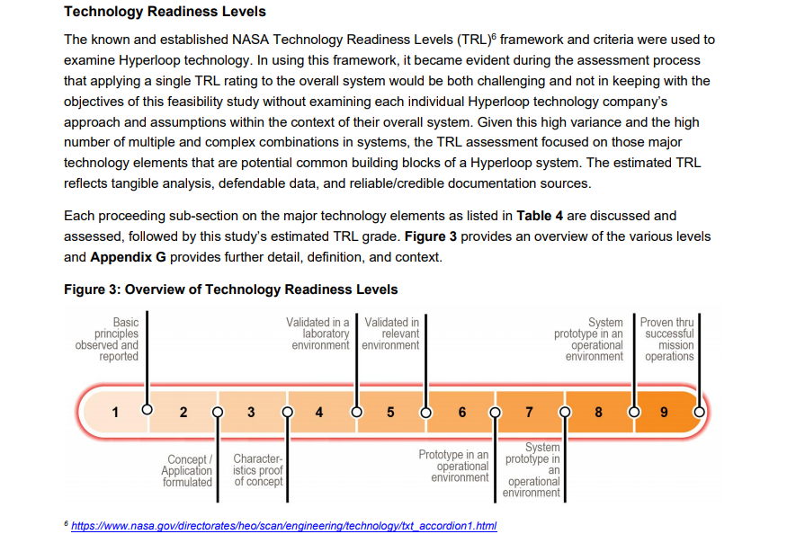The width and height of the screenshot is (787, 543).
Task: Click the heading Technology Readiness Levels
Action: click(165, 13)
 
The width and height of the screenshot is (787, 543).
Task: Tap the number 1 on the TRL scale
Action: click(115, 413)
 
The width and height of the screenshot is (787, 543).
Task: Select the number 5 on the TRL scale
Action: click(390, 413)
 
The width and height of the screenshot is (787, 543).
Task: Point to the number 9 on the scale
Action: click(664, 413)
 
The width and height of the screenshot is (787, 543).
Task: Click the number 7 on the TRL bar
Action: click(529, 413)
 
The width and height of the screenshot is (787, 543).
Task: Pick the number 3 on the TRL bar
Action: click(251, 413)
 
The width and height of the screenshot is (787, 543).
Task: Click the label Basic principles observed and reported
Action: click(107, 339)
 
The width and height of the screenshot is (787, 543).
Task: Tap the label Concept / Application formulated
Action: click(187, 471)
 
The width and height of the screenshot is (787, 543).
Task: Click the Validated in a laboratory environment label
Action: click(317, 334)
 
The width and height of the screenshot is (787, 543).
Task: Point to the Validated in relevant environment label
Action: click(391, 334)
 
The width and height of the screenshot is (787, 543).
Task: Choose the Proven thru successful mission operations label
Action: click(668, 339)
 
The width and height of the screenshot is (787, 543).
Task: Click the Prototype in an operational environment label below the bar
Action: click(454, 466)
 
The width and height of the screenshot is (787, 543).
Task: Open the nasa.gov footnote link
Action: click(283, 526)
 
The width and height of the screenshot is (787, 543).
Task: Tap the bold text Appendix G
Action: click(128, 257)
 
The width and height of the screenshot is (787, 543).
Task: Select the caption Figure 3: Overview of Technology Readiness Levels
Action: click(231, 289)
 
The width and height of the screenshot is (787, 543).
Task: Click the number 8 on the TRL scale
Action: click(598, 413)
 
